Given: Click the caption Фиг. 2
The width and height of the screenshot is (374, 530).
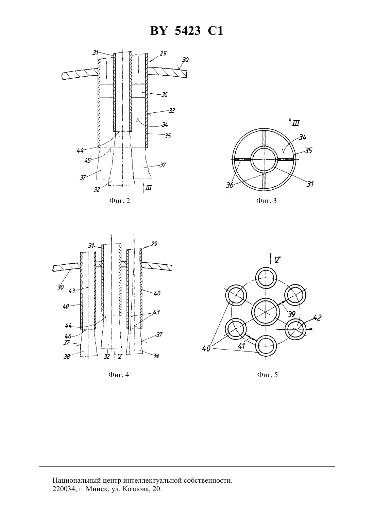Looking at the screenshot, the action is point(119,201).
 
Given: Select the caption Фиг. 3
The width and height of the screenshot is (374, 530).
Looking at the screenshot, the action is point(266,201).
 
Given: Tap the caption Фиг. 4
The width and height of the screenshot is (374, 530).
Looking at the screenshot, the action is point(119,375).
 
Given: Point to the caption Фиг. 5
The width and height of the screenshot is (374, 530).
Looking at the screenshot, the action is point(268,375).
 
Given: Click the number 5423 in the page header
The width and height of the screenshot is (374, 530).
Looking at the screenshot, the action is point(188,31).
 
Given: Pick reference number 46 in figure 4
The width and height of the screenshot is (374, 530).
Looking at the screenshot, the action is point(68,336).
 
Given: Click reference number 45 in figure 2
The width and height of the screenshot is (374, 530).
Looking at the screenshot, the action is point(88,160).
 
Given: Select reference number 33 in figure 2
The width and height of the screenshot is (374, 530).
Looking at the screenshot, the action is point(172,110).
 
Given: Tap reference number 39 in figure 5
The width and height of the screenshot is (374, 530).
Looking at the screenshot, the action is point(292,314).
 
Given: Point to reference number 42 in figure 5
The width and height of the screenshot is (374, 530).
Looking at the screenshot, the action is point(317,317).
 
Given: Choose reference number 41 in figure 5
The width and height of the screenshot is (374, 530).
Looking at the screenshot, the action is point(241,346).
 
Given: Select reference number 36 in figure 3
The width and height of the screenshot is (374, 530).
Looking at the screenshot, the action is point(230,185).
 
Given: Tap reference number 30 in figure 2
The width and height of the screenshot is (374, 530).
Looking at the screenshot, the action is point(185,60).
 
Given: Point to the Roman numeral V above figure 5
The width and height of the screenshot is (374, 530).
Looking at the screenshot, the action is point(278,260).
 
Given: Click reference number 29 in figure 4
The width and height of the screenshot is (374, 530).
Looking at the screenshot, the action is point(154,244).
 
